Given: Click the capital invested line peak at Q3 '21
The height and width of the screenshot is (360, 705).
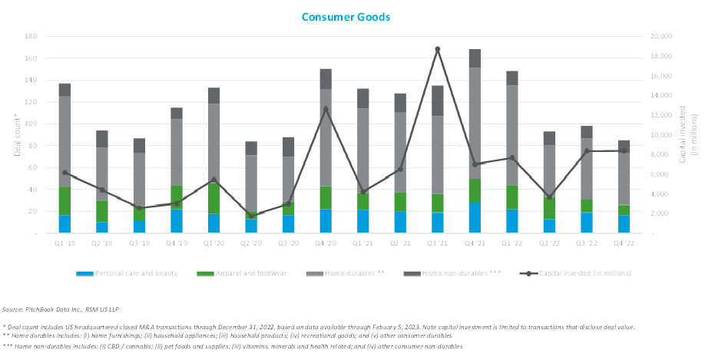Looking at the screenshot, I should tap(437, 49).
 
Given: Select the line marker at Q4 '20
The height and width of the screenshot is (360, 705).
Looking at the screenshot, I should tap(326, 109).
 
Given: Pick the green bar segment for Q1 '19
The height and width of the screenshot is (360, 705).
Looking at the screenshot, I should tap(65, 201).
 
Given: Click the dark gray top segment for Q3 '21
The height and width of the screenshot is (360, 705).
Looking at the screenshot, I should tap(437, 101).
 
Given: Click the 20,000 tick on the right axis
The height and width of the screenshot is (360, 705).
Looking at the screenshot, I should tap(661, 36).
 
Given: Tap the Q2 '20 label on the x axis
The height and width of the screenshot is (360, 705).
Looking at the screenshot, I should tap(250, 243).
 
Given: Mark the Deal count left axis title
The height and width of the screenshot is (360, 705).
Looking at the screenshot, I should tap(15, 134).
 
